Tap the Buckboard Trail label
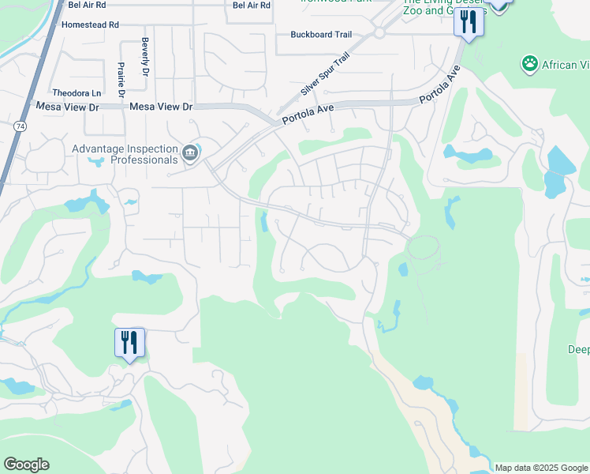[x=320, y=34]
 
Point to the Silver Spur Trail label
[x=324, y=74]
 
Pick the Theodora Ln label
[x=77, y=92]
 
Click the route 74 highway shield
[x=19, y=126]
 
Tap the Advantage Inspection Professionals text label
[x=125, y=154]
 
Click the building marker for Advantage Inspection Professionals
[x=190, y=152]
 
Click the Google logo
[x=26, y=465]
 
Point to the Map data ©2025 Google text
[x=541, y=468]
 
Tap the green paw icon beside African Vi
[x=530, y=64]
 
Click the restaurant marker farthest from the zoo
[x=129, y=343]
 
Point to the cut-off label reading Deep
[x=578, y=349]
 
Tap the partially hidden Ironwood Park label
[x=334, y=2]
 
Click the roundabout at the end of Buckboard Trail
[x=379, y=33]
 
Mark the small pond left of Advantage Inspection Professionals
[x=96, y=162]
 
